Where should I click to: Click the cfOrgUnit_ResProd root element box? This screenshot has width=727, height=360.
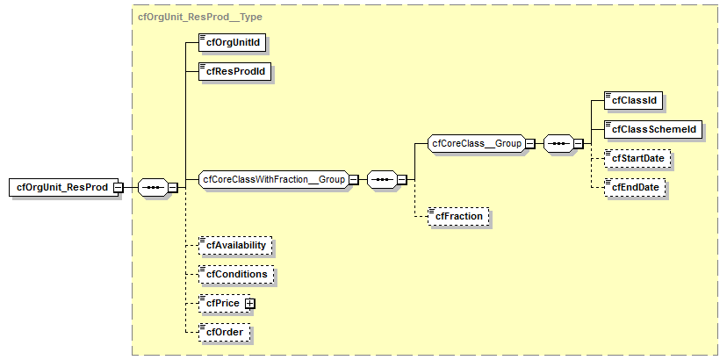(64, 187)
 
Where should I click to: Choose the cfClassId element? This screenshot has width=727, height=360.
(634, 100)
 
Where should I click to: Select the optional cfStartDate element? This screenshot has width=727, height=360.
(637, 158)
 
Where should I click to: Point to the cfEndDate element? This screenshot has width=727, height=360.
(635, 187)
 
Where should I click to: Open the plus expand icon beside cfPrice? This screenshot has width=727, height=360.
(249, 303)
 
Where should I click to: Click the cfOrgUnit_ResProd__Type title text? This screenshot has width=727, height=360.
(200, 17)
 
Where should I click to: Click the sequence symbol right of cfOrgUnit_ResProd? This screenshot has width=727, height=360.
(153, 187)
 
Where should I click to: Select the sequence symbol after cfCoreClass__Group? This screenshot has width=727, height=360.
(558, 143)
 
